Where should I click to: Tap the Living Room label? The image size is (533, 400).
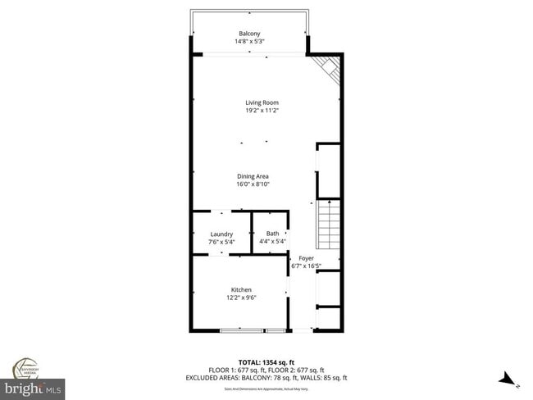click(x=262, y=102)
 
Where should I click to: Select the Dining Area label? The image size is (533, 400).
click(x=253, y=176)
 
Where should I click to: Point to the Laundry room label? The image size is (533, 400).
click(x=221, y=234)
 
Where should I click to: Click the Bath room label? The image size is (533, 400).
click(x=271, y=234)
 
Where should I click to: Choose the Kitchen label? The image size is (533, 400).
click(x=241, y=289)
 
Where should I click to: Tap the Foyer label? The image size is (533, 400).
click(x=306, y=257)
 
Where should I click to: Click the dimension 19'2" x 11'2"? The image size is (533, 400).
click(x=262, y=111)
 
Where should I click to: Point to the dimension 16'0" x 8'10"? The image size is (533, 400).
click(x=253, y=184)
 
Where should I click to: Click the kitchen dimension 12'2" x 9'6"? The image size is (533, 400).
click(x=241, y=298)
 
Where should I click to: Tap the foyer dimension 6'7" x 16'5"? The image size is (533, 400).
click(x=306, y=266)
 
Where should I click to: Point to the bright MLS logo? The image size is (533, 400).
click(x=33, y=385)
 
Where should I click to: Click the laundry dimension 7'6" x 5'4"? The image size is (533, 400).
click(x=221, y=242)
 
